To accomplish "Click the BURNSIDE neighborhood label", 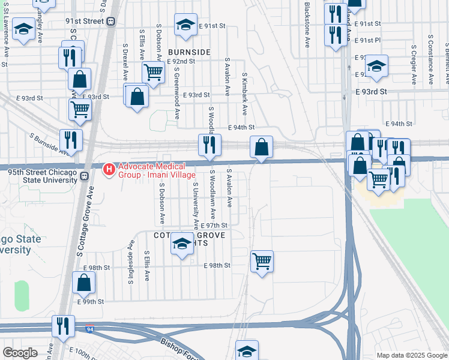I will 189,52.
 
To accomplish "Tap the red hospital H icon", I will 109,170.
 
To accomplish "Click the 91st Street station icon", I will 111,21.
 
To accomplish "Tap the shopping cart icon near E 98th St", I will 262,261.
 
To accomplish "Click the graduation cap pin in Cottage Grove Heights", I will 182,244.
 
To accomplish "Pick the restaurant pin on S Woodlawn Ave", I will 209,145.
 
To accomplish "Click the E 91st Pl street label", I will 367,40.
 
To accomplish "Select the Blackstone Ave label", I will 307,25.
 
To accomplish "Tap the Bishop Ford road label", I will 180,349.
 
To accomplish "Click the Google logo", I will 20,353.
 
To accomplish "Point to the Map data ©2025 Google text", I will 411,355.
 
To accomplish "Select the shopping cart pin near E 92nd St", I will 154,73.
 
